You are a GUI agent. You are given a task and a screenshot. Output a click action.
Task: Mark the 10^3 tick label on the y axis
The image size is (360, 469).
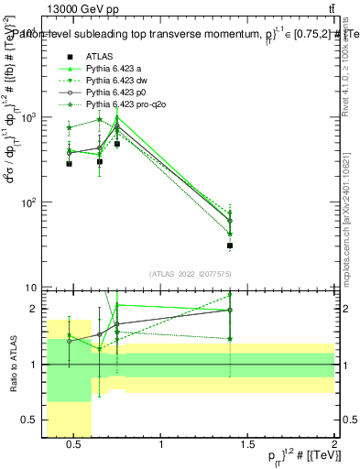[29, 118]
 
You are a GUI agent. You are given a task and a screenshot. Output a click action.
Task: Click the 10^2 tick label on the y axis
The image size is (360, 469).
[29, 202]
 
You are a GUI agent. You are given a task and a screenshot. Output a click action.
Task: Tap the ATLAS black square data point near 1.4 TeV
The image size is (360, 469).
[230, 245]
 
